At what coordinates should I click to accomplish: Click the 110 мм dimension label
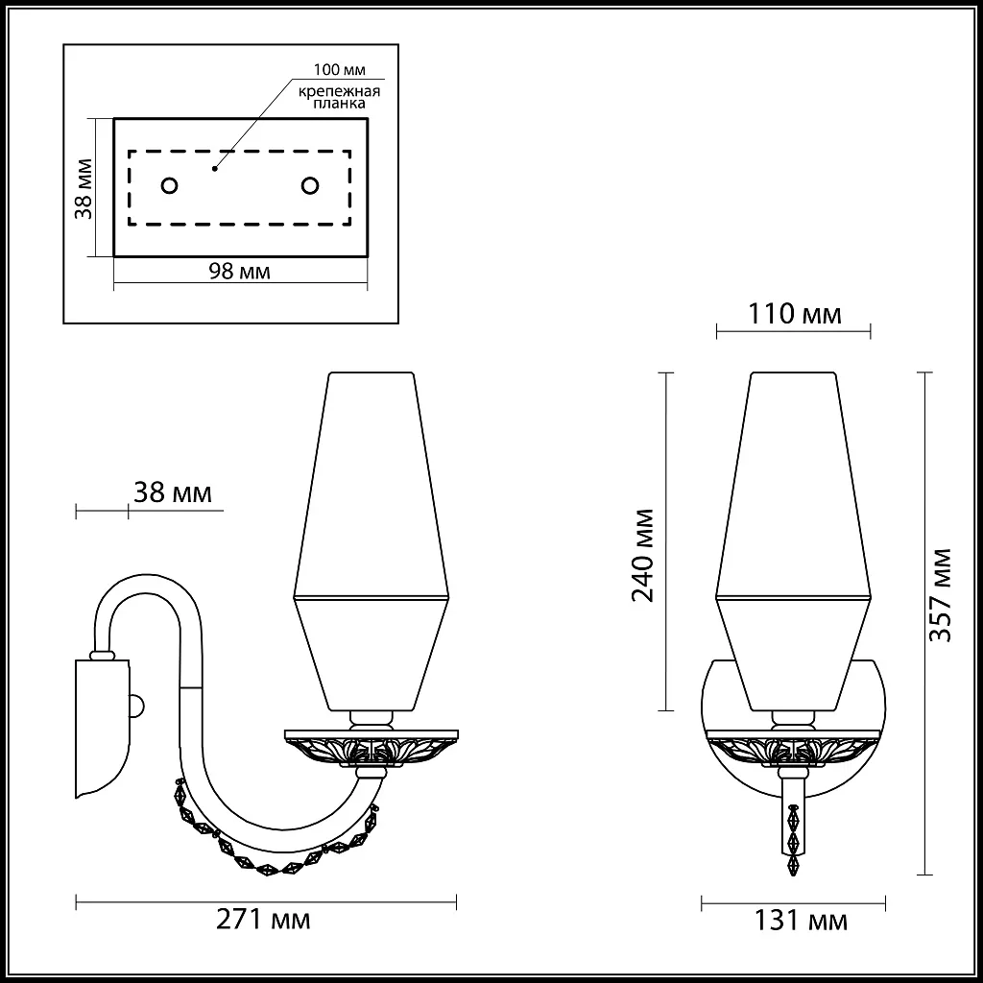794,314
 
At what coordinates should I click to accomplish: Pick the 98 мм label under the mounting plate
239,272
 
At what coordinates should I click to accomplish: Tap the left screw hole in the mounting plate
168,184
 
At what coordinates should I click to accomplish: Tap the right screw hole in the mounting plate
310,184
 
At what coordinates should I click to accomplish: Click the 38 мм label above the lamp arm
172,493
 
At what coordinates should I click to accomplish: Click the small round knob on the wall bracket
136,706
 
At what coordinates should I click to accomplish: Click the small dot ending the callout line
215,167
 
